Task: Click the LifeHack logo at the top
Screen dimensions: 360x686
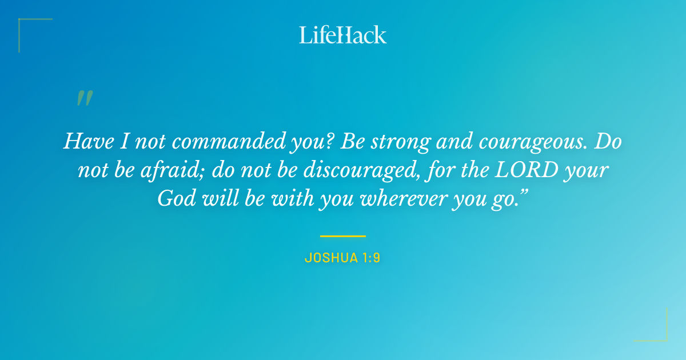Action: pos(343,35)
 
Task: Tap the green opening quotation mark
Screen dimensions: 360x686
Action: pos(84,98)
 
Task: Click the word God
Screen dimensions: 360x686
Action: pos(174,198)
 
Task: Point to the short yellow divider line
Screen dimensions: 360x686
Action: pos(343,235)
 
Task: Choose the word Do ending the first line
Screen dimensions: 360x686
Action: pos(607,141)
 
